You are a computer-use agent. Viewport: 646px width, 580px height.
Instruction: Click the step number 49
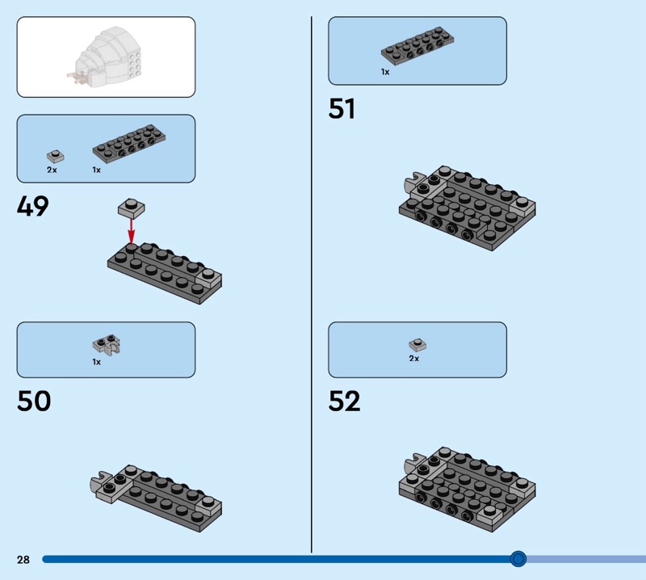coord(33,207)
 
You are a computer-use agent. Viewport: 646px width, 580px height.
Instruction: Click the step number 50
coord(34,401)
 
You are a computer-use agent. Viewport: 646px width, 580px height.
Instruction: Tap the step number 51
coord(342,109)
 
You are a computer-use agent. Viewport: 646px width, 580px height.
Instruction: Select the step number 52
coord(345,401)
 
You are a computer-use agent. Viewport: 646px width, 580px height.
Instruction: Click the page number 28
coord(23,560)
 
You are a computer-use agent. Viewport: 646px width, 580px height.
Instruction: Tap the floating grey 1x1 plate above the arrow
coord(132,208)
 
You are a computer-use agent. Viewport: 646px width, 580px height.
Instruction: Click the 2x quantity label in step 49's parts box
coord(52,170)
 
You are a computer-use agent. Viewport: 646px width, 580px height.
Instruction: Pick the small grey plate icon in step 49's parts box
coord(55,156)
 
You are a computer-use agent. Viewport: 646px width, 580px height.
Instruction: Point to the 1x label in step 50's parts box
coord(97,363)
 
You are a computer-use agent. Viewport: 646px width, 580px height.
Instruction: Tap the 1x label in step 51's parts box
coord(385,72)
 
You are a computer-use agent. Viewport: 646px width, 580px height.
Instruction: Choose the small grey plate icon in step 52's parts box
coord(417,344)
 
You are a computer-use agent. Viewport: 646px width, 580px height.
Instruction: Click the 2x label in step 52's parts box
coord(414,358)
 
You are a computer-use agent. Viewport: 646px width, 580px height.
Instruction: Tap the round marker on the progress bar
coord(518,559)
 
